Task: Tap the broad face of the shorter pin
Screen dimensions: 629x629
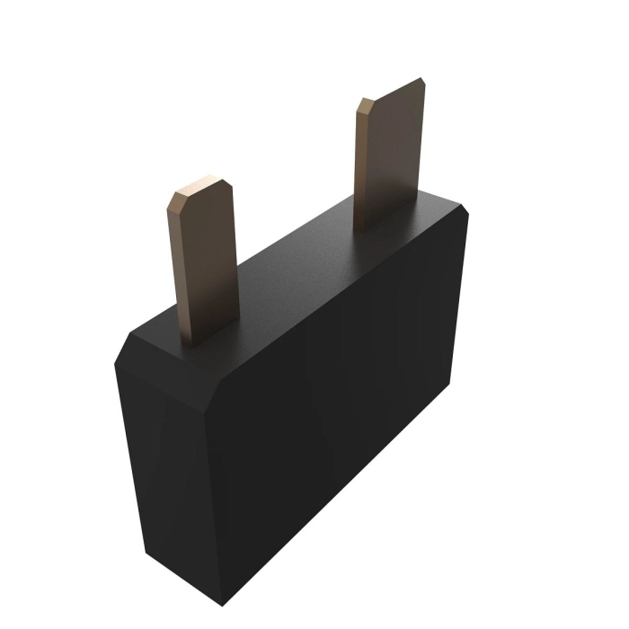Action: [x=205, y=261]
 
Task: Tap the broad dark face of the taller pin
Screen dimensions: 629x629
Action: [x=395, y=153]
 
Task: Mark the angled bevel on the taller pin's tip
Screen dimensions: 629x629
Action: [x=363, y=106]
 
